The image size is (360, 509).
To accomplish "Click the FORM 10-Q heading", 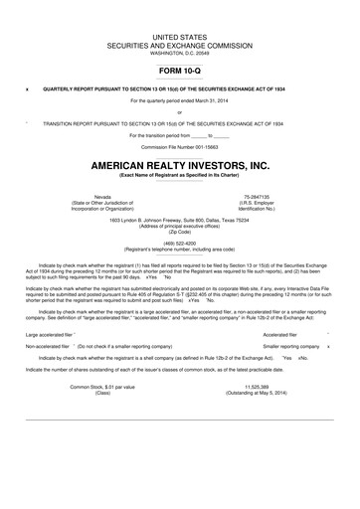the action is point(180,72).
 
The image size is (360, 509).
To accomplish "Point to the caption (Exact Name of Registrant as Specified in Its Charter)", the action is point(180,176).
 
